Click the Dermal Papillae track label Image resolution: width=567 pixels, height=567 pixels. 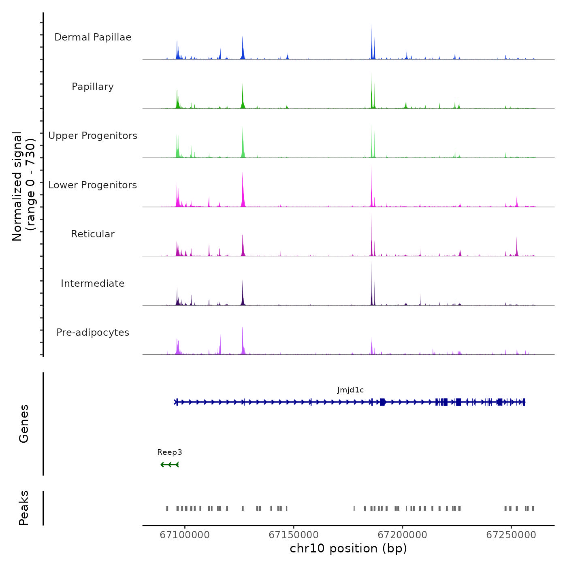[x=93, y=37]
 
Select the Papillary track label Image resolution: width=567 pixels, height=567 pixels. [x=93, y=87]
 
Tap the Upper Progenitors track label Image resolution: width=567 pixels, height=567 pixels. [x=93, y=136]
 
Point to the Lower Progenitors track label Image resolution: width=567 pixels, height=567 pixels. [x=93, y=185]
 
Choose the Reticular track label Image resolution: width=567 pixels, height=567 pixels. [x=93, y=234]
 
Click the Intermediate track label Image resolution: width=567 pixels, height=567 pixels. [x=93, y=283]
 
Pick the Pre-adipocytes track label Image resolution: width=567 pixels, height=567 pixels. [x=93, y=333]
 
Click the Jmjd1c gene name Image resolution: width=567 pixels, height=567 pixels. [x=350, y=390]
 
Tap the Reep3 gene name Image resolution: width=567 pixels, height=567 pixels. [x=170, y=452]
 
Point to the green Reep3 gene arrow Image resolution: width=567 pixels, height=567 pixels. [x=170, y=465]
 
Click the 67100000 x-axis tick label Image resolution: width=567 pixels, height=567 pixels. [x=185, y=535]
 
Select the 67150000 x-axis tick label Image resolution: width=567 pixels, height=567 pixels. [x=294, y=535]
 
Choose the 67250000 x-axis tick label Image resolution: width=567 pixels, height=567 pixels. [x=511, y=535]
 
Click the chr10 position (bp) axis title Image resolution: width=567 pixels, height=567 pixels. [x=348, y=548]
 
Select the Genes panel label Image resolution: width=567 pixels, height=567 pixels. [x=24, y=424]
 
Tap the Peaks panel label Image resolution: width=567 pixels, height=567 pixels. [x=24, y=508]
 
